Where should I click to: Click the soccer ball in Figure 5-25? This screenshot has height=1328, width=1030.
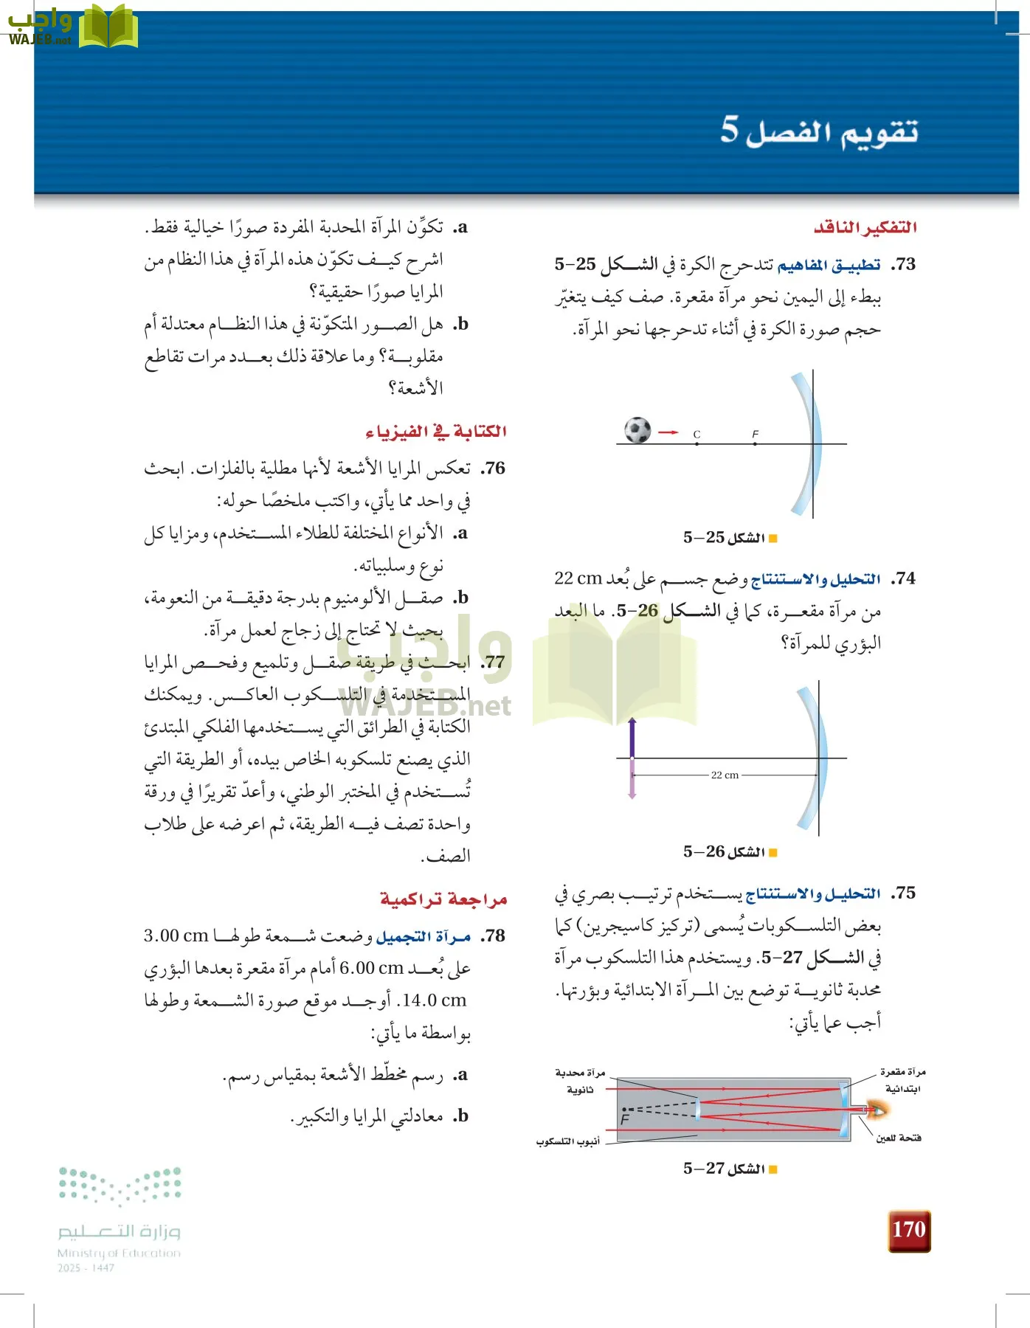coord(637,430)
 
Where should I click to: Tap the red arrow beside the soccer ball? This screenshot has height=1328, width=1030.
coord(668,432)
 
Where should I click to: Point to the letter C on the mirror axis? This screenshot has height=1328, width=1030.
coord(697,435)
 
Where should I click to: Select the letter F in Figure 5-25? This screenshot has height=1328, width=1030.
coord(755,434)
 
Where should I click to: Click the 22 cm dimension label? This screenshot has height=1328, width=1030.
coord(725,775)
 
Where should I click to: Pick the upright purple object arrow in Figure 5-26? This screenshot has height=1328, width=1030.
coord(632,738)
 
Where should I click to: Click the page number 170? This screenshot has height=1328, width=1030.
coord(908,1230)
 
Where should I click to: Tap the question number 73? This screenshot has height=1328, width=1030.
coord(903,265)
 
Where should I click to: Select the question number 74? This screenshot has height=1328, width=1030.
coord(903,579)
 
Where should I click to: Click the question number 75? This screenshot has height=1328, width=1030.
coord(903,893)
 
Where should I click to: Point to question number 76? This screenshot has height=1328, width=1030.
coord(493,468)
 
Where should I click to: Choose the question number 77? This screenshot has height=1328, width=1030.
coord(493,662)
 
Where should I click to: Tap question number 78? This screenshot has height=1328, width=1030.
coord(493,936)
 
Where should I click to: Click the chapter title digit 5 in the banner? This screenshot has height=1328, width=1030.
coord(729,129)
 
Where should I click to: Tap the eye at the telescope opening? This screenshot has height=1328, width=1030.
coord(878,1109)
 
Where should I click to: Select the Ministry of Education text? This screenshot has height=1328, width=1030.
coord(119,1253)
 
